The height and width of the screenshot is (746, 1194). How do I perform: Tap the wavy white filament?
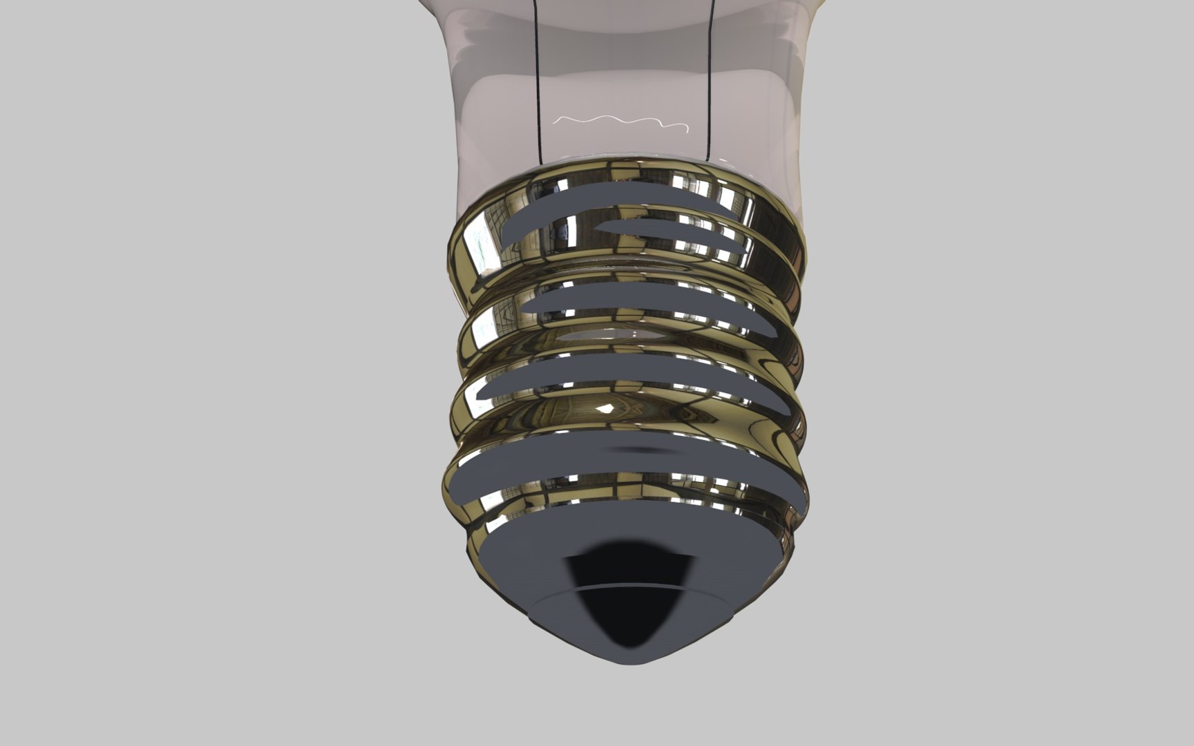[x=622, y=123]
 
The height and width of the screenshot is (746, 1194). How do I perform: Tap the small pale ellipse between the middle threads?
[x=608, y=335]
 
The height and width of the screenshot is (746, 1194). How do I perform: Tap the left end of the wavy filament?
[x=557, y=120]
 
